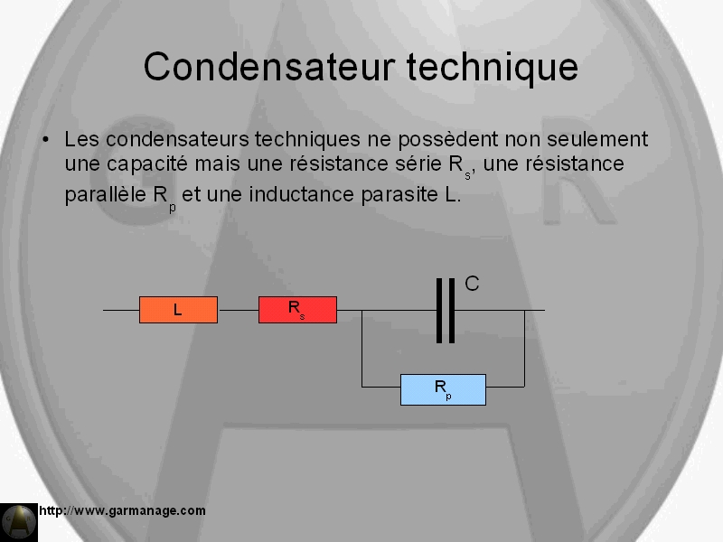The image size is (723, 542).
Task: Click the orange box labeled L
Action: coord(178,310)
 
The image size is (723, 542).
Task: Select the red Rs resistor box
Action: coord(297,310)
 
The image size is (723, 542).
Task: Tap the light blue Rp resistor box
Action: coord(443,389)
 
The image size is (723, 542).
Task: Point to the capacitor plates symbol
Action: coord(446,310)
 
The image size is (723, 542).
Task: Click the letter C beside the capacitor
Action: coord(472,284)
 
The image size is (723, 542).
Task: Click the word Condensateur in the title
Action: coord(269,66)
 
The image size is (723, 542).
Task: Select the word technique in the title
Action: coord(493,67)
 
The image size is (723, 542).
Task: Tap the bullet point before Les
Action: coord(45,139)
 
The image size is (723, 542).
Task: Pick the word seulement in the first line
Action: coord(597,139)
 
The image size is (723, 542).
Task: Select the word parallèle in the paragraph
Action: coord(105,195)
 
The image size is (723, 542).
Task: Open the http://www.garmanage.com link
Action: coord(122,510)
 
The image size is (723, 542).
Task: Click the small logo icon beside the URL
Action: coord(19,522)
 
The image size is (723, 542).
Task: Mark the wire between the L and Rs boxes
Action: coord(238,310)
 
